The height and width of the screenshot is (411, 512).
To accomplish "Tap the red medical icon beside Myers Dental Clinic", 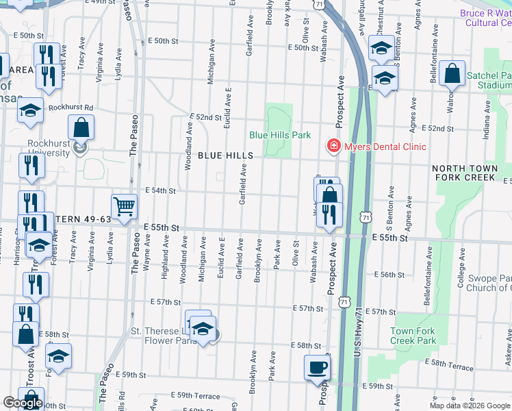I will [333, 147].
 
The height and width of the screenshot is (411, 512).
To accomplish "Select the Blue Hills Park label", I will [280, 135].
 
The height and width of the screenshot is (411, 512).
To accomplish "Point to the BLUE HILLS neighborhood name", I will [226, 155].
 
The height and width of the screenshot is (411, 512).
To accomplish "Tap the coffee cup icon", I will [318, 367].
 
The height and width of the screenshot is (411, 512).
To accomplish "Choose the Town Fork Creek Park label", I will [413, 336].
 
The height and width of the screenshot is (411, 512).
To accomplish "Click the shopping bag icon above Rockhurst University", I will [81, 127].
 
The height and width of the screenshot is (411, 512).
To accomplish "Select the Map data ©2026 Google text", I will [470, 406].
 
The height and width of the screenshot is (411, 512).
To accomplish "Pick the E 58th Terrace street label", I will [449, 364].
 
